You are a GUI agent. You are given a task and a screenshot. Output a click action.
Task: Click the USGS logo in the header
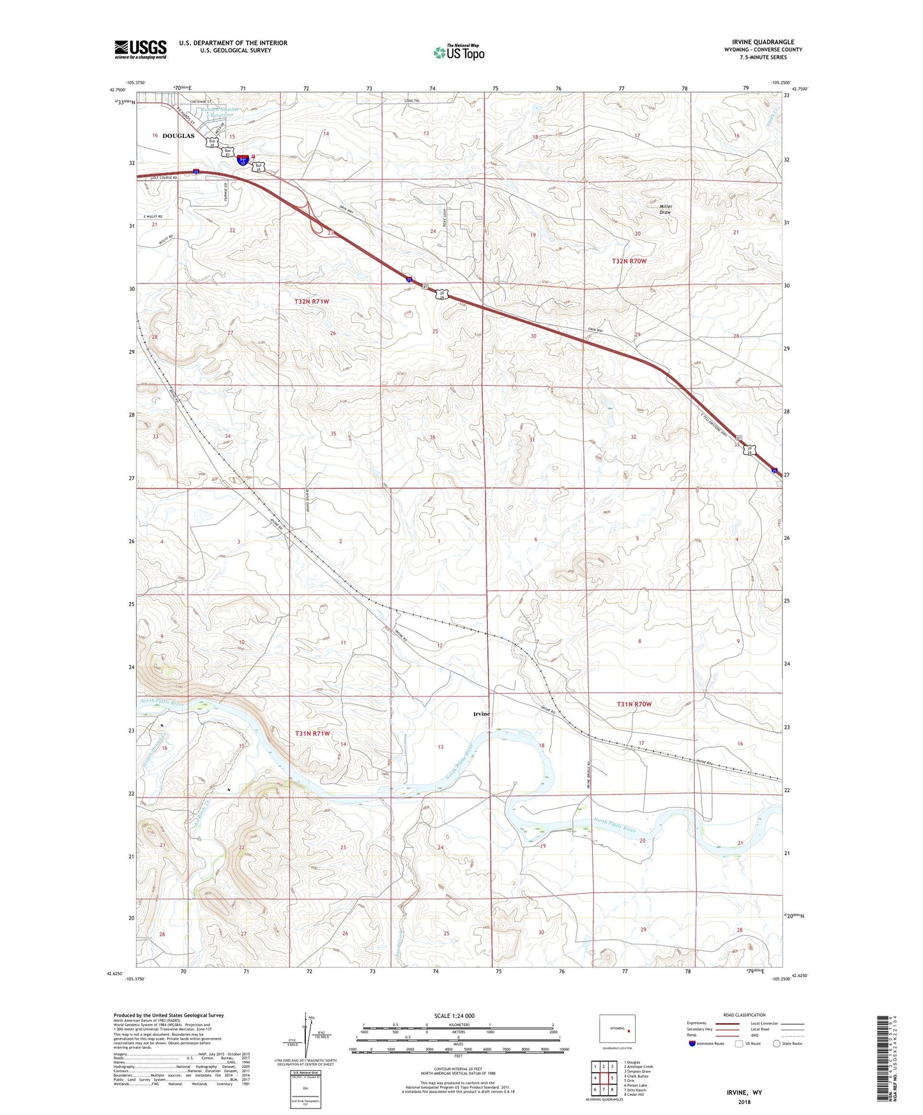tap(141, 49)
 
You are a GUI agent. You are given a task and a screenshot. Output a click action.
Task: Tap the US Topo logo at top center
tap(459, 52)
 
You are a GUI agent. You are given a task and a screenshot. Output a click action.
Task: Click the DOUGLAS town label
tap(178, 136)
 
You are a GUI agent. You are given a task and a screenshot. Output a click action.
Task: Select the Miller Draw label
tap(666, 209)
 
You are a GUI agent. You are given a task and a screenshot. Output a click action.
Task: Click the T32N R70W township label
tap(629, 261)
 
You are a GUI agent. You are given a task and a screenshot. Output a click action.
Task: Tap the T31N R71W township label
tap(312, 734)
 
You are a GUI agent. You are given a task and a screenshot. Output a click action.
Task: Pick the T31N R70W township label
tap(634, 704)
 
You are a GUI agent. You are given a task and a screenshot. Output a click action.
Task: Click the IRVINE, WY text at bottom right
tap(744, 1093)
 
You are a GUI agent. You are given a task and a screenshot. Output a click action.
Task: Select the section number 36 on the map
tap(432, 437)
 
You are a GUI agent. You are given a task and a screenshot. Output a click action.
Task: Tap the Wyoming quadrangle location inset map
tap(617, 1029)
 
